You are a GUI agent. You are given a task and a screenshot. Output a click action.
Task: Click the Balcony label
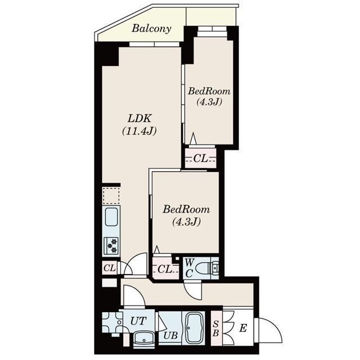click(x=151, y=29)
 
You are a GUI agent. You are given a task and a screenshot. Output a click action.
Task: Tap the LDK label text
click(x=139, y=119)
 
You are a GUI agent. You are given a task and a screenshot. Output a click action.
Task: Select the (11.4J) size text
click(x=139, y=131)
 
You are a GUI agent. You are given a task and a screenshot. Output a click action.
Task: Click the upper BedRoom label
click(x=209, y=91)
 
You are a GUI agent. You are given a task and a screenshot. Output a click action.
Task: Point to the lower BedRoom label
click(x=186, y=209)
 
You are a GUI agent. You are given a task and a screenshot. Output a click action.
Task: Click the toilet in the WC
click(x=208, y=268)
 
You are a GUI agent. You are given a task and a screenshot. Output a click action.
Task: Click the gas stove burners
click(x=111, y=246)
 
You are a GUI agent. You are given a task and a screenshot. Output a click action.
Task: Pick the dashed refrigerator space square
click(x=111, y=196)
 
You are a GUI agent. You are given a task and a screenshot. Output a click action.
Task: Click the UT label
click(x=138, y=321)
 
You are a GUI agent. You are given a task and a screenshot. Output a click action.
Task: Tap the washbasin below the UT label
click(x=144, y=338)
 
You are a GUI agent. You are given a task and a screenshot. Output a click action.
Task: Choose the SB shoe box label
click(x=215, y=328)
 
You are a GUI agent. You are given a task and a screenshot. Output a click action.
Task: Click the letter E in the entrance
click(x=243, y=328)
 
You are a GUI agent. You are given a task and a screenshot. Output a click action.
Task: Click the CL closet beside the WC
click(x=165, y=269)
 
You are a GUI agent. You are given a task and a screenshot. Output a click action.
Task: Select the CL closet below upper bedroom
click(x=201, y=158)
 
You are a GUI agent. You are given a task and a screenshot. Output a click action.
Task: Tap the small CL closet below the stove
click(x=110, y=268)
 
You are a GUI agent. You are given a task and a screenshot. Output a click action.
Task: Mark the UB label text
click(x=171, y=336)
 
